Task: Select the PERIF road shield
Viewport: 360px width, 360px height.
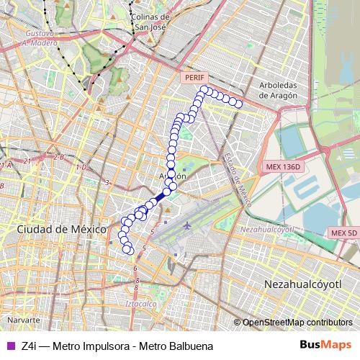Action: click(194, 76)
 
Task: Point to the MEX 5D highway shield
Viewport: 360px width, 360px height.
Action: click(343, 233)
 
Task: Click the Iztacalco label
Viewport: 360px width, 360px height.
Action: click(141, 305)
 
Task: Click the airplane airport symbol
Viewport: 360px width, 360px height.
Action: click(188, 225)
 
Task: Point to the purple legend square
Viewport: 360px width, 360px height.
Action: click(9, 346)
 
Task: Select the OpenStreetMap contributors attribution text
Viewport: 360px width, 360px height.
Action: click(297, 323)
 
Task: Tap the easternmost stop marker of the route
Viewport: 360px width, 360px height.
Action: click(239, 105)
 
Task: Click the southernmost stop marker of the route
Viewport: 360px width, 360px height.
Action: click(130, 251)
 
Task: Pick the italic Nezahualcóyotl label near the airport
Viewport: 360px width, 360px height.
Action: click(268, 228)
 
